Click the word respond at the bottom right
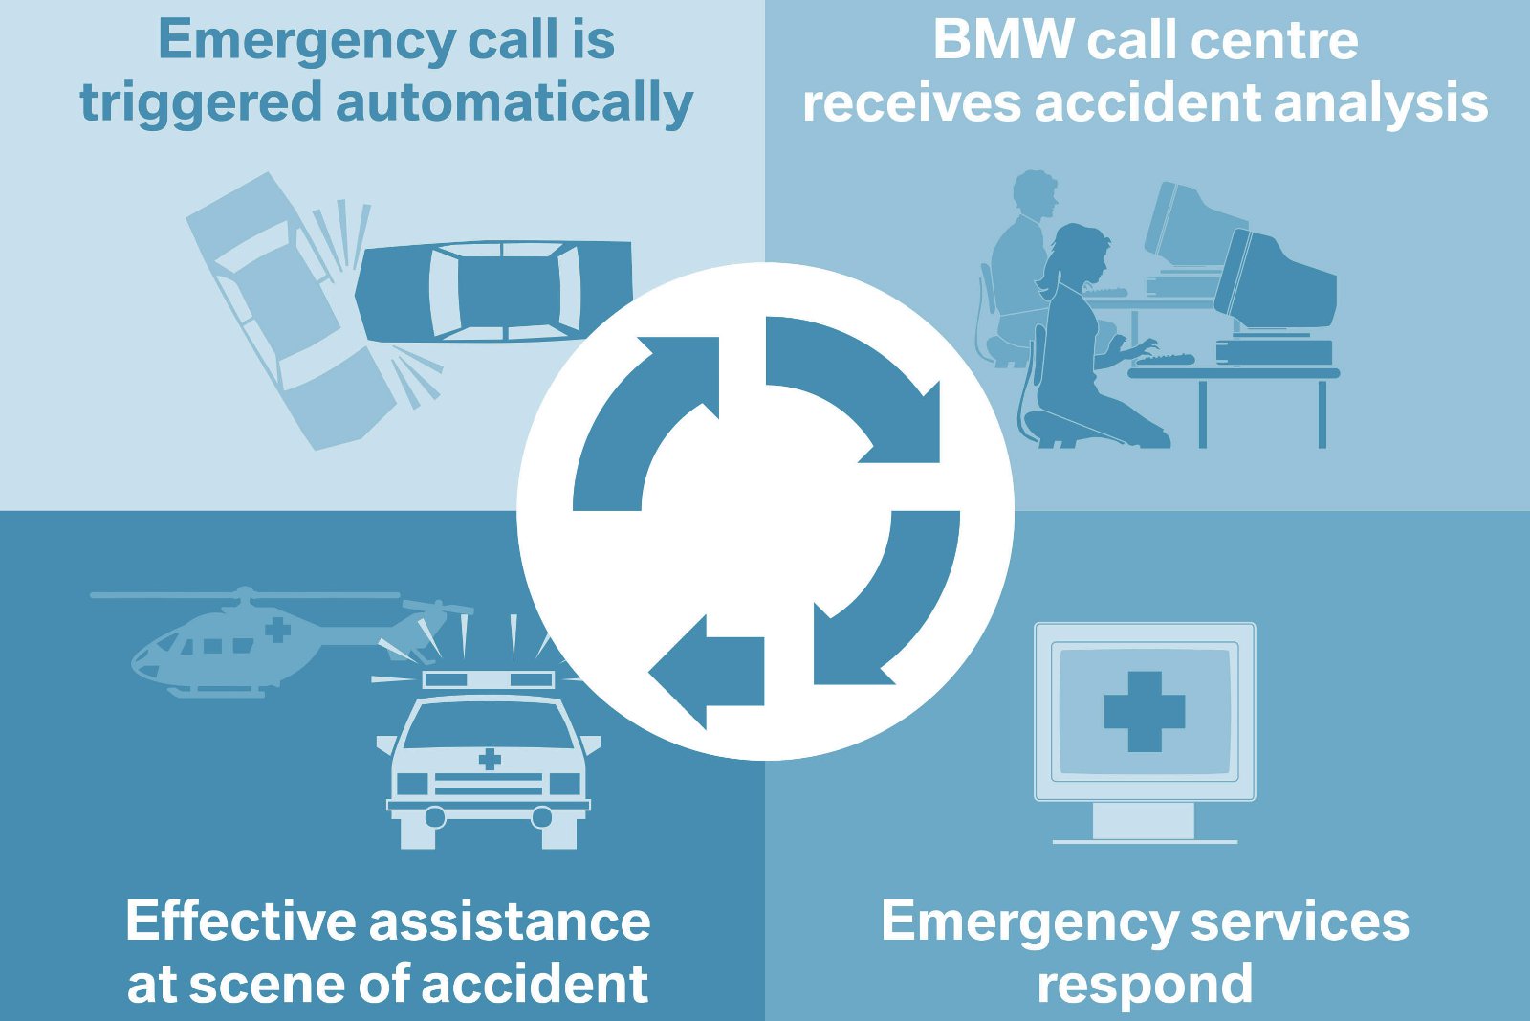1145,984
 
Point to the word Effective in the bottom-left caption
240,921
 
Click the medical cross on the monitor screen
1145,711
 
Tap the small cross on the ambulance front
490,759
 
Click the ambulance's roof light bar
489,679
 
